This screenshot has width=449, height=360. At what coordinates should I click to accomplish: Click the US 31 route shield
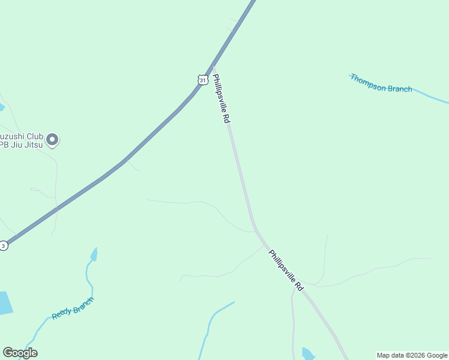click(x=203, y=79)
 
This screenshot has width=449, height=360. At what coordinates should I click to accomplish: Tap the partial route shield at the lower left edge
click(x=4, y=245)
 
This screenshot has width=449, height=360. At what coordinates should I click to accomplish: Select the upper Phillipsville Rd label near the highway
click(x=221, y=98)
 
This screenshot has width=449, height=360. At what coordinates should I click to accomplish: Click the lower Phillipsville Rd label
click(x=286, y=271)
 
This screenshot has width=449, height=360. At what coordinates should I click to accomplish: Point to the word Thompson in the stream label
click(x=368, y=82)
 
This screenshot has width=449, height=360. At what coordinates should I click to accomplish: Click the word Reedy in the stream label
click(x=61, y=313)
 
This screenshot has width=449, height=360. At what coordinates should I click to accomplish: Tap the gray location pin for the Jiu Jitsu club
click(x=52, y=139)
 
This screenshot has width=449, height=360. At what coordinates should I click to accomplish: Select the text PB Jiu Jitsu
click(x=20, y=145)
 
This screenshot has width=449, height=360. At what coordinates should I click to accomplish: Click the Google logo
click(x=20, y=353)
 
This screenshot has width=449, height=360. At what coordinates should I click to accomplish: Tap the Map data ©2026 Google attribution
click(x=412, y=355)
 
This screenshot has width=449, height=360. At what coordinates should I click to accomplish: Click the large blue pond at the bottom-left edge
click(x=5, y=303)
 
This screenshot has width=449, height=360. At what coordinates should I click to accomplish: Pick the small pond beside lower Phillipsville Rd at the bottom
click(x=307, y=353)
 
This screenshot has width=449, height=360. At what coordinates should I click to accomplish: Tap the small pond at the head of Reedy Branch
click(x=94, y=254)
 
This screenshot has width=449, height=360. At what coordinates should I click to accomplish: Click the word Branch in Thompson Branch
click(x=399, y=89)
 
